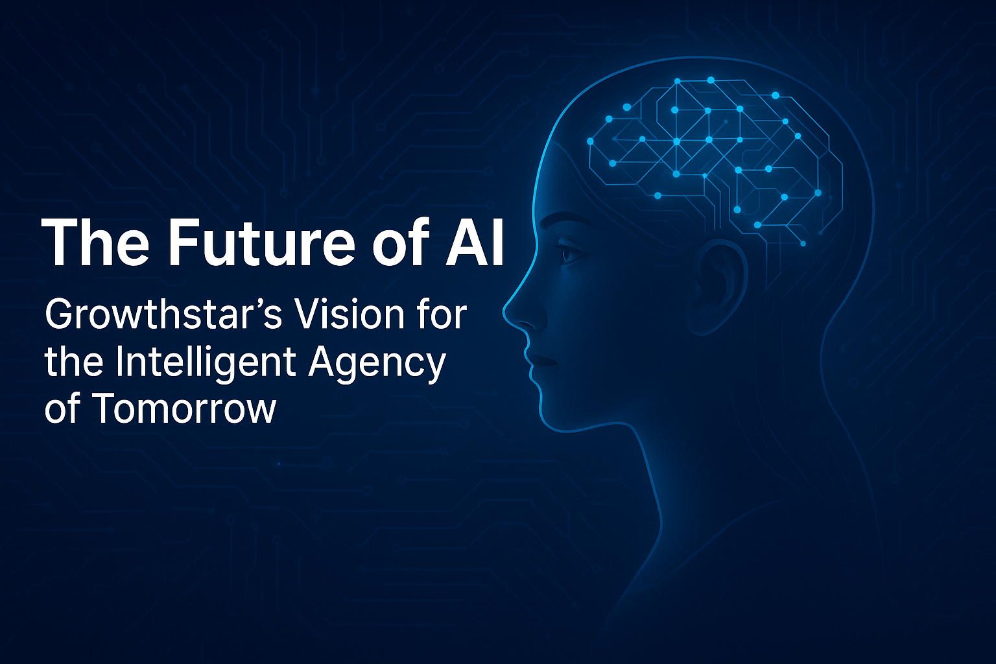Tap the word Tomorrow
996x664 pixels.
pyautogui.click(x=184, y=409)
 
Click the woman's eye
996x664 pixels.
pyautogui.click(x=571, y=254)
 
